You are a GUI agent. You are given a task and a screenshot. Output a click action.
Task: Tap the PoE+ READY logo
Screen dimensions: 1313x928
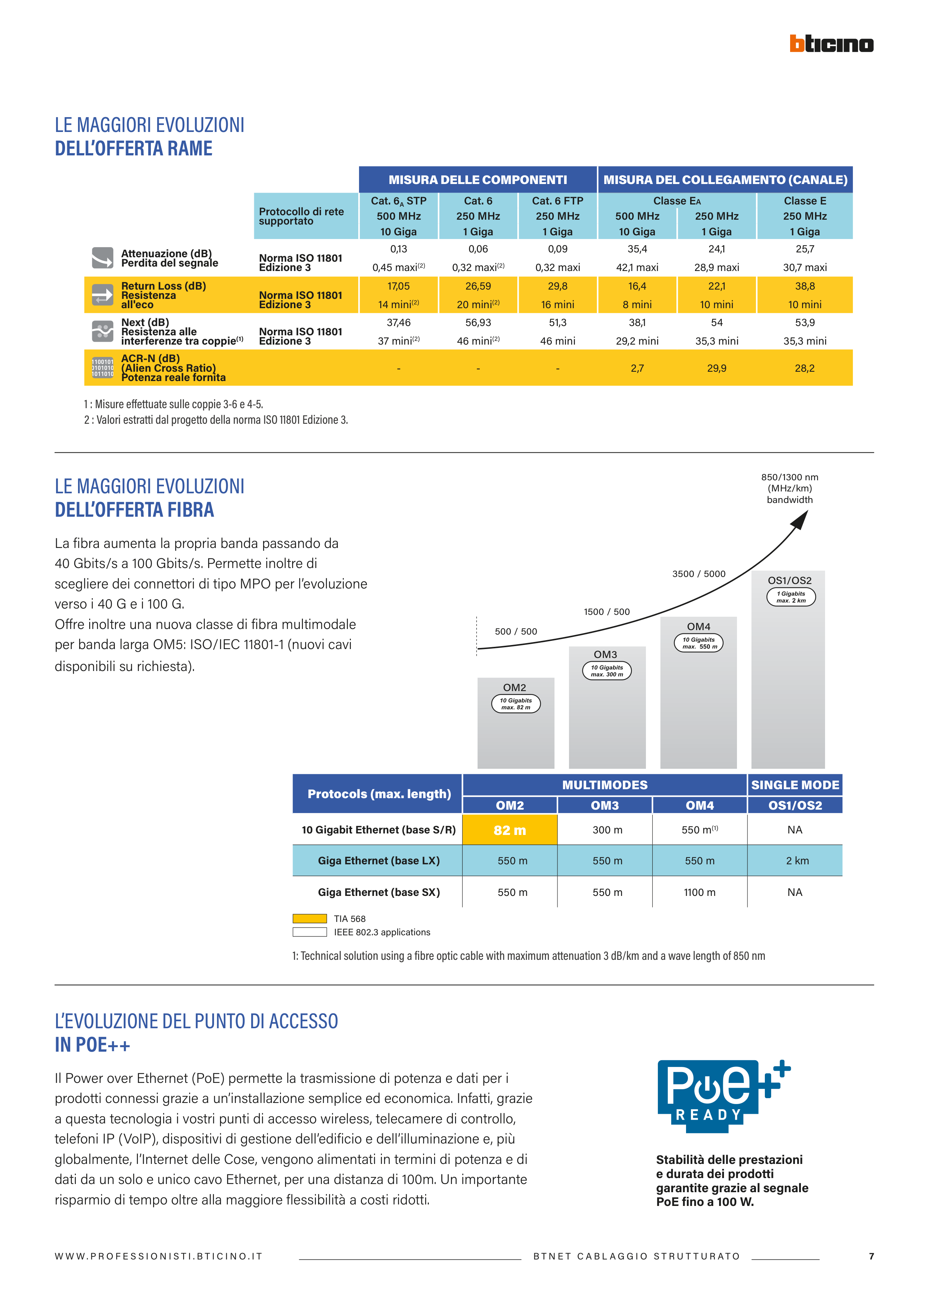[x=723, y=1096]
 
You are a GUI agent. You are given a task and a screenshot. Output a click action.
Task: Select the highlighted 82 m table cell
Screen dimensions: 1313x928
[x=510, y=830]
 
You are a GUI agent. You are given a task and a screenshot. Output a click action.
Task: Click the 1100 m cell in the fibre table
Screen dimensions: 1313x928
[x=699, y=892]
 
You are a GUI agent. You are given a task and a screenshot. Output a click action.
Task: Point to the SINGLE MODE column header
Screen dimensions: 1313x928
[x=795, y=785]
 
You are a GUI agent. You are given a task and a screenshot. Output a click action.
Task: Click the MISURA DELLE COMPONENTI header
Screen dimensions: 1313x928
[x=478, y=180]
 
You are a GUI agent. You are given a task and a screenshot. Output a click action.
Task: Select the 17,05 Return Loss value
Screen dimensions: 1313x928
[x=398, y=286]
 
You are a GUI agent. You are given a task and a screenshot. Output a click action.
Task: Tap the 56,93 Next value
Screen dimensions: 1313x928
[x=478, y=323]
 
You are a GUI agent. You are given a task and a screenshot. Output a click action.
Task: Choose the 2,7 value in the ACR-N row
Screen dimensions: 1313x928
[x=637, y=368]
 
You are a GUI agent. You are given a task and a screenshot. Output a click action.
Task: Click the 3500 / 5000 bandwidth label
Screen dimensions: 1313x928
[x=698, y=574]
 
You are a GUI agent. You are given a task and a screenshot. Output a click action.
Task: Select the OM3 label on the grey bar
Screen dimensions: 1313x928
[x=605, y=654]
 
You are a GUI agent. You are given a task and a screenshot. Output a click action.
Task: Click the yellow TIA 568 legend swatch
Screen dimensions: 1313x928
[x=309, y=919]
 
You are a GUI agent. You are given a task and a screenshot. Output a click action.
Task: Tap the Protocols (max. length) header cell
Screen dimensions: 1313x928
[x=379, y=794]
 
